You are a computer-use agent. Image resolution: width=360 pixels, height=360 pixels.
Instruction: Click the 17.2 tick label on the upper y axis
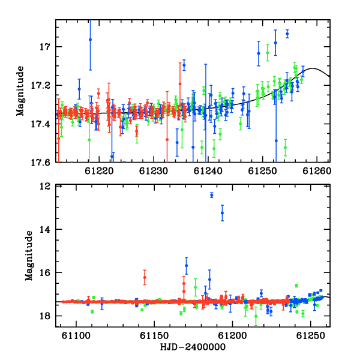pos(41,86)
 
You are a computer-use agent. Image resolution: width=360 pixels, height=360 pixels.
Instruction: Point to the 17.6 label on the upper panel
pos(41,163)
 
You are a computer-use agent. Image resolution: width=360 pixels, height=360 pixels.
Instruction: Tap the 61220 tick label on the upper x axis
pos(99,171)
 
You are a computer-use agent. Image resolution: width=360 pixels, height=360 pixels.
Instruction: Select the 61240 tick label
pos(208,171)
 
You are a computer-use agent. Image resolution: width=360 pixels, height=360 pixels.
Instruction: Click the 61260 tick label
pos(317,171)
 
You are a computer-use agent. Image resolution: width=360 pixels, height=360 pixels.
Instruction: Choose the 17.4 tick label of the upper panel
pos(41,124)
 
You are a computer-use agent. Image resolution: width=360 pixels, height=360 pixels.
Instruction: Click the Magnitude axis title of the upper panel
pos(20,91)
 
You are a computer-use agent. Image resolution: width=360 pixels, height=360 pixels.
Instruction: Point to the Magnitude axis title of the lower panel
pos(29,256)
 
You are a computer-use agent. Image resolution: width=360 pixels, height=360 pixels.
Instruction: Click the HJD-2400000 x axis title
pos(193,347)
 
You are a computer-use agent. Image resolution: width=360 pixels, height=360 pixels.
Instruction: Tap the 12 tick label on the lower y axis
pos(45,186)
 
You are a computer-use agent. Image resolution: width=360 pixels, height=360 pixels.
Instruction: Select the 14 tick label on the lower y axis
pos(45,229)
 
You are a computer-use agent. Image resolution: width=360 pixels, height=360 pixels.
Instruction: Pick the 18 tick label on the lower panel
pos(45,316)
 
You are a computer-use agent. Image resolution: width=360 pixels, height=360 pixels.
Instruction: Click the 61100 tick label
pos(76,336)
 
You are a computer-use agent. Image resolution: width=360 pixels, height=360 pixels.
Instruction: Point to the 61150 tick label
pos(154,336)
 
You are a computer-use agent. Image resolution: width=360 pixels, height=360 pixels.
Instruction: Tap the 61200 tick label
pos(232,336)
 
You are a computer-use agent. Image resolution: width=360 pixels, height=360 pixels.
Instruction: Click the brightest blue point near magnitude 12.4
pos(211,195)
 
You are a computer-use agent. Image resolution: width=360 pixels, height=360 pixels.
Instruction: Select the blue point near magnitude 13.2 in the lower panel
pos(222,213)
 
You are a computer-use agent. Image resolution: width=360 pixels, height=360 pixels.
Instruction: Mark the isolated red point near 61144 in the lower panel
pos(145,277)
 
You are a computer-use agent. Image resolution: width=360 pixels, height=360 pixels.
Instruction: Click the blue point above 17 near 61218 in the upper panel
pos(90,40)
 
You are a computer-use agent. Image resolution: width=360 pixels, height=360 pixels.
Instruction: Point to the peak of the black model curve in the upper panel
pos(312,68)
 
